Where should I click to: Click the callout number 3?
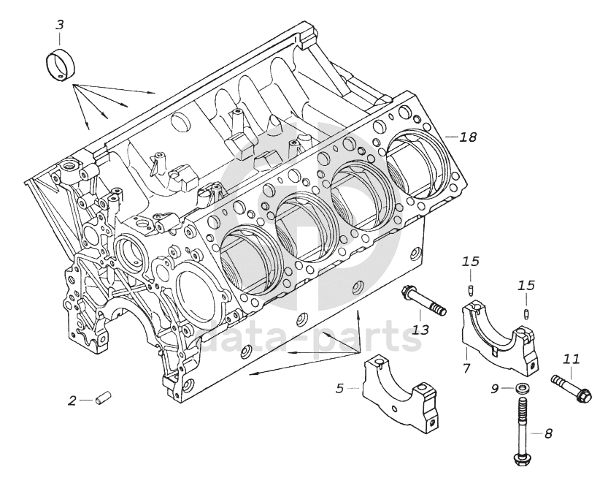click(60, 25)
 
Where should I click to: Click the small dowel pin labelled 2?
click(104, 399)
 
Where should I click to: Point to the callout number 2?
click(72, 400)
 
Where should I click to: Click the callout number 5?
click(339, 388)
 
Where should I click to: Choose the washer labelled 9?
click(521, 388)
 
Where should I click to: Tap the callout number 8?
click(548, 433)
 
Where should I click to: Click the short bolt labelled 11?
click(571, 387)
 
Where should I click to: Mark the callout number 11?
click(571, 359)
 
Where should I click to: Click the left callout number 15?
click(471, 261)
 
